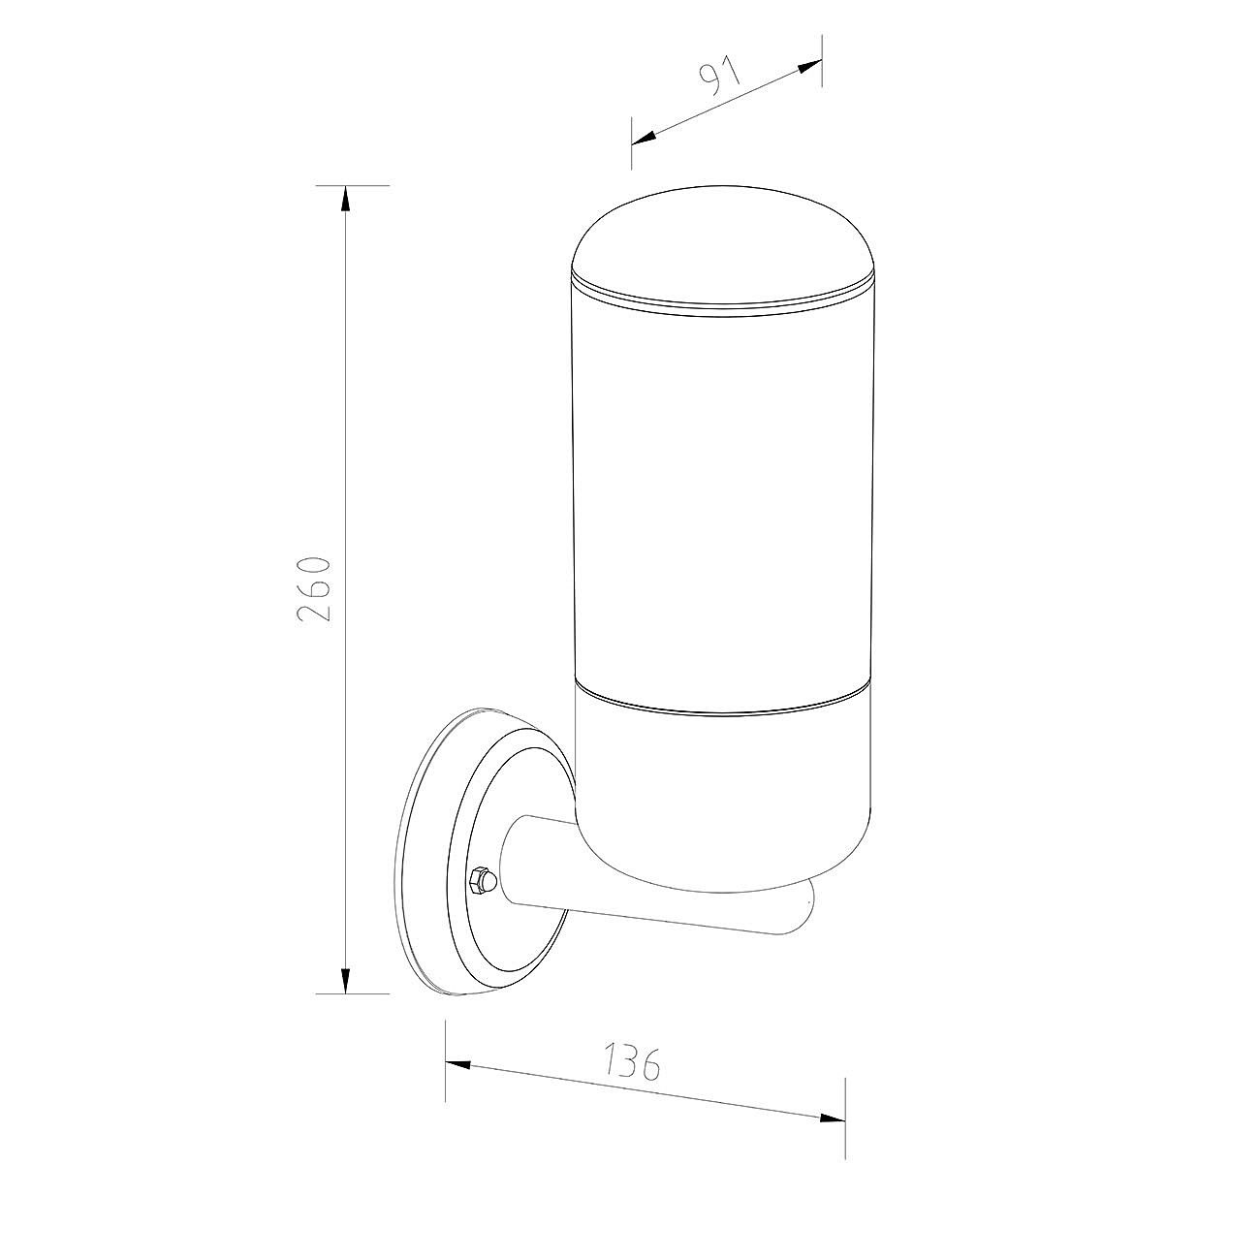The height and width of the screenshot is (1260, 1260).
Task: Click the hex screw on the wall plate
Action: pyautogui.click(x=482, y=880)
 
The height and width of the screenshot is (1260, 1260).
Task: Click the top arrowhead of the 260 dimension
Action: pyautogui.click(x=345, y=199)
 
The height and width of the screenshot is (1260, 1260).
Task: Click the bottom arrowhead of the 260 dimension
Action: pyautogui.click(x=345, y=997)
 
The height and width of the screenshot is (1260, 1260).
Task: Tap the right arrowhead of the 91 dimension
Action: pyautogui.click(x=809, y=67)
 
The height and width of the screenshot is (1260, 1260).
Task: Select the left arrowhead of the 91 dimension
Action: pyautogui.click(x=645, y=137)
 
